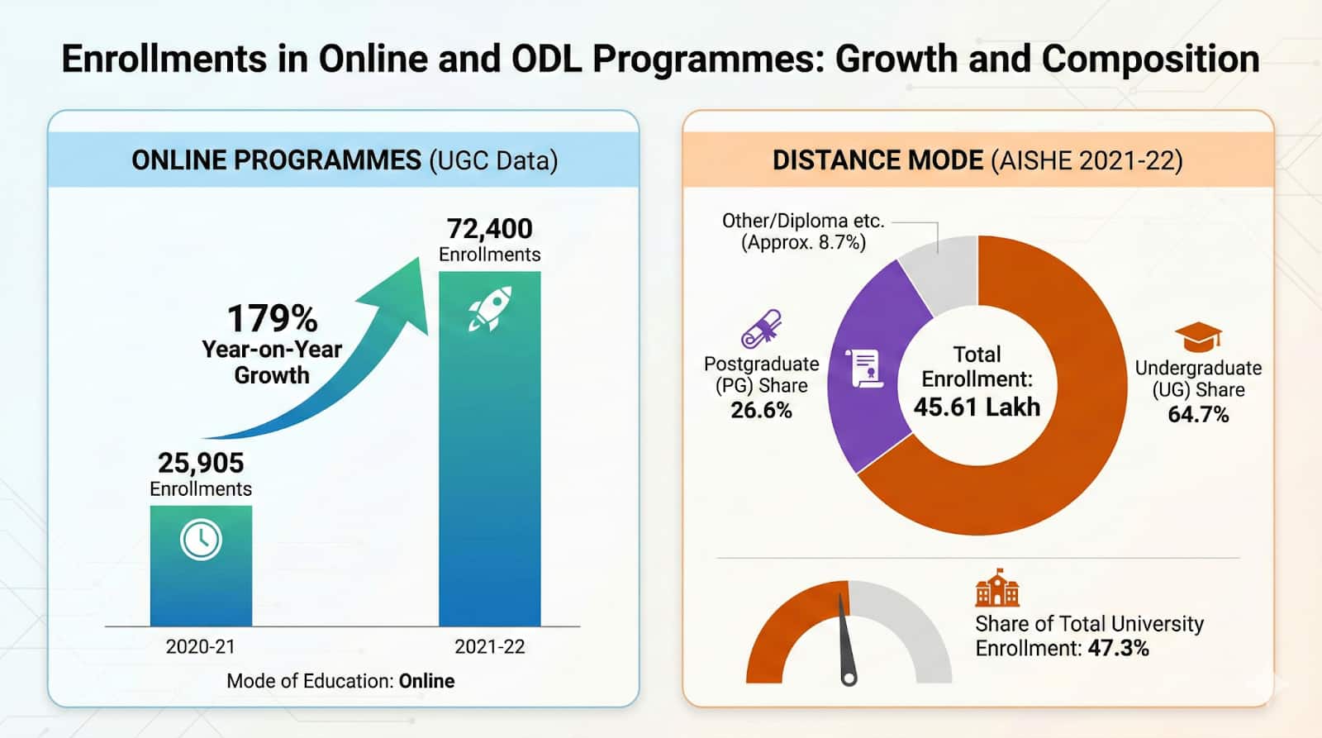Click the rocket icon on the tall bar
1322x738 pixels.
tap(490, 309)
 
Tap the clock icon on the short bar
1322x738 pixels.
tap(201, 540)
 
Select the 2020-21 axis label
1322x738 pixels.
tap(200, 646)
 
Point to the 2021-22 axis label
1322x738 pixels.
tap(489, 646)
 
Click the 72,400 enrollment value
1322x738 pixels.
tap(489, 229)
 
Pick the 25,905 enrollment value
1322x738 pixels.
tap(201, 463)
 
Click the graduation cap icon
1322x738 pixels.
tap(1198, 336)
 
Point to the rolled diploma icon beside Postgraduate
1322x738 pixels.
tap(761, 328)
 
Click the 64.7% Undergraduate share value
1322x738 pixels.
tap(1198, 414)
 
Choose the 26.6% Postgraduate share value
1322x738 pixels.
tap(761, 410)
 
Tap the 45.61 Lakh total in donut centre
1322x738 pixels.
tap(977, 407)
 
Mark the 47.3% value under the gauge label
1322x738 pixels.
tap(1118, 648)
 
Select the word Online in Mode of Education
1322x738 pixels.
tap(426, 681)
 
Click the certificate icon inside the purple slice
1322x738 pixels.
tap(864, 369)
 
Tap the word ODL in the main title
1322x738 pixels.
tap(547, 60)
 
